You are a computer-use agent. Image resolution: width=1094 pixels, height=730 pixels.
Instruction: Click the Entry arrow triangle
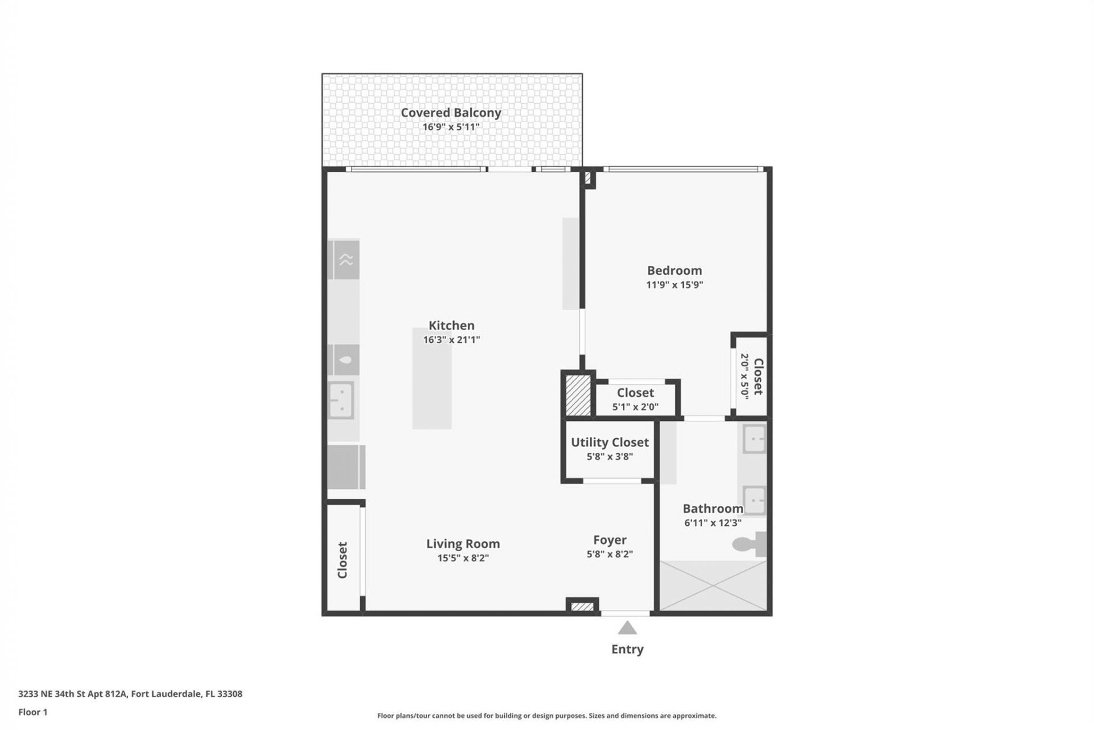[x=627, y=628]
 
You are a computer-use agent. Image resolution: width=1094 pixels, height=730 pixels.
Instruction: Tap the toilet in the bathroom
[x=750, y=545]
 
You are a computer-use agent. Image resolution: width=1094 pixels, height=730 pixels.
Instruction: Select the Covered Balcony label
[x=451, y=112]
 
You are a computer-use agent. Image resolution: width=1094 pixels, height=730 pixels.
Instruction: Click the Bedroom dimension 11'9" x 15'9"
[x=674, y=285]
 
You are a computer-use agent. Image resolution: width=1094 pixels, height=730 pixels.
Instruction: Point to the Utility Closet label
[x=610, y=442]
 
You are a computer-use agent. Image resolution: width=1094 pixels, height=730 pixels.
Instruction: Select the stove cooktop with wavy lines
[x=346, y=260]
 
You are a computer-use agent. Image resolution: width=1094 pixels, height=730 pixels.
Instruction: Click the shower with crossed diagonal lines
[x=713, y=586]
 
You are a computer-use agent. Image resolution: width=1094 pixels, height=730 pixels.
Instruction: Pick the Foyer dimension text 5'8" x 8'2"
[x=610, y=554]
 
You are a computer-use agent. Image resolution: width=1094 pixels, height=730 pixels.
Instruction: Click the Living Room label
[x=463, y=544]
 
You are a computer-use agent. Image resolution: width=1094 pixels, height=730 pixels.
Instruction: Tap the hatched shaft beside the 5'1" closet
[x=578, y=395]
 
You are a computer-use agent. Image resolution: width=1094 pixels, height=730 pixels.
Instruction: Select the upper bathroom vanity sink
[x=755, y=439]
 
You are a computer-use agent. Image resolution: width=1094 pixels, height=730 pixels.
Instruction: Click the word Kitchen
[x=451, y=325]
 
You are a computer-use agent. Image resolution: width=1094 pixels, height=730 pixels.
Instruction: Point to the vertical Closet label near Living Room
[x=342, y=560]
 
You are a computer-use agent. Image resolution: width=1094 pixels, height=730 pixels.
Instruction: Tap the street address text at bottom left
[x=130, y=694]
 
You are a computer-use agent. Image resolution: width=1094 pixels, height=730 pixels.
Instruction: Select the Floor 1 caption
[x=32, y=712]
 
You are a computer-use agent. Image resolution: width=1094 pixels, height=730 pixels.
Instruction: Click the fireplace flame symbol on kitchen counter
[x=345, y=360]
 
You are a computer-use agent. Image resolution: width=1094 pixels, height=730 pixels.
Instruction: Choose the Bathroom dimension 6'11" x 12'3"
[x=712, y=522]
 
